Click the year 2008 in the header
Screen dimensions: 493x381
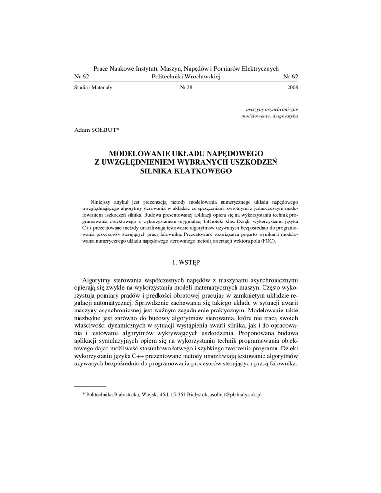292,88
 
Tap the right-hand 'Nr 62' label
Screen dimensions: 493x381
290,77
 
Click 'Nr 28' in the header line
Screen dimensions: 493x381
186,88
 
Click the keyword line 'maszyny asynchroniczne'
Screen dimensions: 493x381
272,110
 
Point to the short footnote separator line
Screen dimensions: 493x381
90,386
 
